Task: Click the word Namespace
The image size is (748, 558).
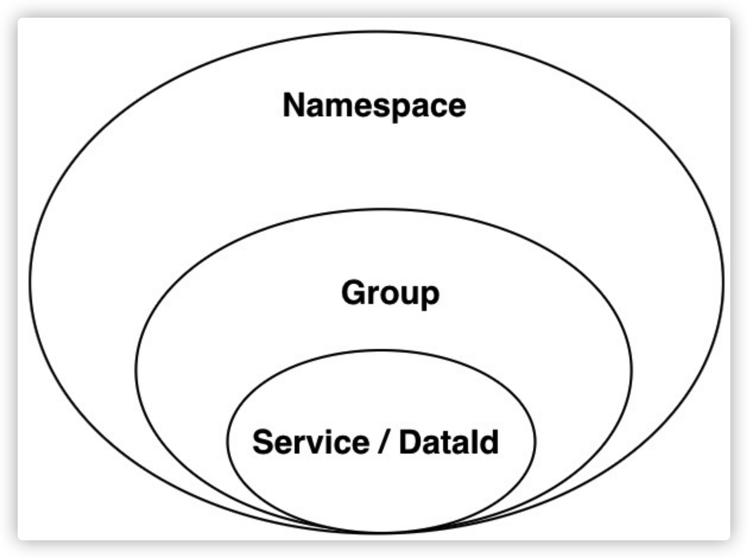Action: pyautogui.click(x=374, y=105)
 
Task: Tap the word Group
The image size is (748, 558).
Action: pyautogui.click(x=390, y=293)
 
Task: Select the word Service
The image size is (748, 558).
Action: pyautogui.click(x=311, y=442)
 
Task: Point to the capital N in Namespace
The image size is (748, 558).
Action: pyautogui.click(x=294, y=105)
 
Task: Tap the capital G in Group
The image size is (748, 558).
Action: pyautogui.click(x=354, y=292)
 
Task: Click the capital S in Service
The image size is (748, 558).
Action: pyautogui.click(x=264, y=442)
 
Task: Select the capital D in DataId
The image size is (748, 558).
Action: pyautogui.click(x=410, y=442)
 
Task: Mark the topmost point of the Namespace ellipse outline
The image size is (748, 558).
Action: pyautogui.click(x=376, y=32)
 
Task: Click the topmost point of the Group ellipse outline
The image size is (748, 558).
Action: pyautogui.click(x=383, y=209)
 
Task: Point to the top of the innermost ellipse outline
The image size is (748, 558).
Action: pyautogui.click(x=381, y=350)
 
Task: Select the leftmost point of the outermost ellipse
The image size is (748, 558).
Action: pyautogui.click(x=30, y=282)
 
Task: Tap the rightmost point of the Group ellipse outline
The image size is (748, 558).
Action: pyautogui.click(x=632, y=371)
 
